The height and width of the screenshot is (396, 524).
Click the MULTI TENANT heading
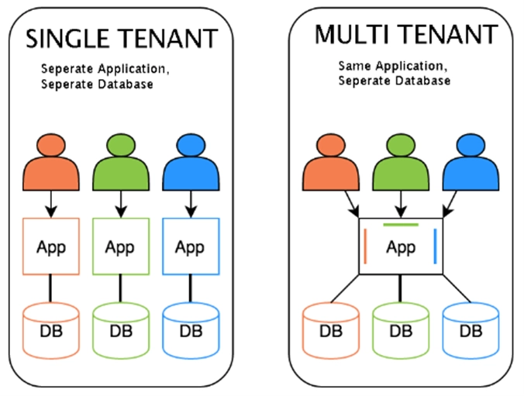tap(405, 34)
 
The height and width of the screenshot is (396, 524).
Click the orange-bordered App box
tap(51, 247)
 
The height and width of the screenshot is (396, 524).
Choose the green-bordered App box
tap(120, 247)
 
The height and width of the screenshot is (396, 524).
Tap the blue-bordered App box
tap(190, 247)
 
